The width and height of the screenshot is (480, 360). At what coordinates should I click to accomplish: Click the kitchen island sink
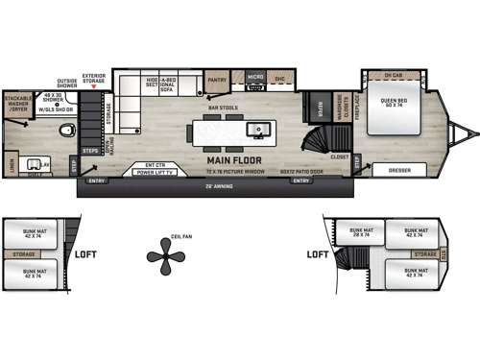point(257,129)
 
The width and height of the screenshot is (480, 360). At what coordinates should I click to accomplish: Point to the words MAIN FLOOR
point(233,160)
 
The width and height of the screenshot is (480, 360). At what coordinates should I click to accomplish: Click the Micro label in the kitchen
point(254,76)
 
